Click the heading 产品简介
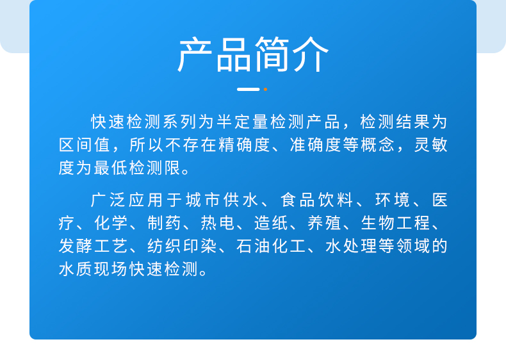(x=253, y=55)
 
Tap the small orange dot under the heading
(x=265, y=89)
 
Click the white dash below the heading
(x=248, y=89)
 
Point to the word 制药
(x=163, y=224)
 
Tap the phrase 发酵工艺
(x=91, y=247)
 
